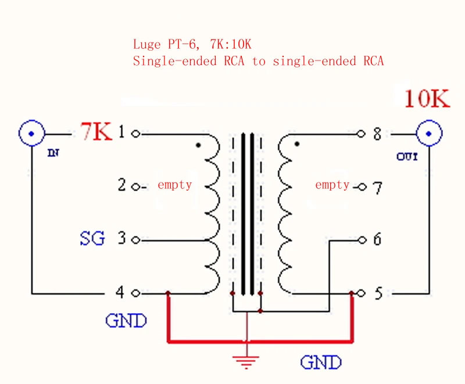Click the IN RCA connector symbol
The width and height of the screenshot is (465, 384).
pyautogui.click(x=32, y=134)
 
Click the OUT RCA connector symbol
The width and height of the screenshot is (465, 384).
pyautogui.click(x=429, y=134)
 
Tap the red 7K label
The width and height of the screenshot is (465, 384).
pyautogui.click(x=96, y=131)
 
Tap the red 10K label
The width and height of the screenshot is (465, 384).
pyautogui.click(x=427, y=98)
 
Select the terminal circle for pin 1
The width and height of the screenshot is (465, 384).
pyautogui.click(x=136, y=134)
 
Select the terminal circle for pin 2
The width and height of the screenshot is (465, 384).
pyautogui.click(x=136, y=187)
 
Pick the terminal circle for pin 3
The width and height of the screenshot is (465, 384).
pyautogui.click(x=136, y=240)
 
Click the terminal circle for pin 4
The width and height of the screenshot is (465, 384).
pyautogui.click(x=136, y=293)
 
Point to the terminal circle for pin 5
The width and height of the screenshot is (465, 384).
pyautogui.click(x=361, y=293)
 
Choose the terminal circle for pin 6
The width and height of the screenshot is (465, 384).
pyautogui.click(x=362, y=240)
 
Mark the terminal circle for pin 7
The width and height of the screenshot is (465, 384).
pyautogui.click(x=362, y=187)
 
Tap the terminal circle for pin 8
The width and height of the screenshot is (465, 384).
pyautogui.click(x=361, y=134)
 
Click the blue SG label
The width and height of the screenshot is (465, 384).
pyautogui.click(x=92, y=238)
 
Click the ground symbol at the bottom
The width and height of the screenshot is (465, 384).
pyautogui.click(x=246, y=362)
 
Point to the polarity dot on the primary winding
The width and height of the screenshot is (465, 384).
pyautogui.click(x=198, y=145)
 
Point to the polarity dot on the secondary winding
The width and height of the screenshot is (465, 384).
pyautogui.click(x=297, y=144)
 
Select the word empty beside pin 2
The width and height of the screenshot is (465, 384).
pyautogui.click(x=175, y=185)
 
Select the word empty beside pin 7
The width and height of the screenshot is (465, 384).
pyautogui.click(x=332, y=185)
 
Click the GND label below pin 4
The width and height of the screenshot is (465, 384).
pyautogui.click(x=126, y=320)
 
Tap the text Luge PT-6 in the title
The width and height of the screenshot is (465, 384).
pyautogui.click(x=164, y=45)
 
